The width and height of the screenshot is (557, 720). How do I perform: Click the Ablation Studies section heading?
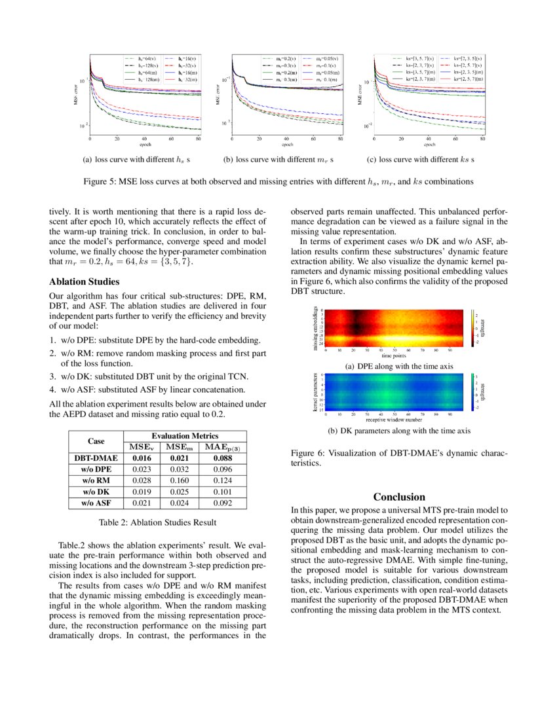(x=85, y=282)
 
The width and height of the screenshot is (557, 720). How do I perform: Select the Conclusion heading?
(x=399, y=497)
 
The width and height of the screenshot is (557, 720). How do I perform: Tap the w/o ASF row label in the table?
(x=96, y=503)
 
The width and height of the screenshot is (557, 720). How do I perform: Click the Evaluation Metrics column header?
(x=184, y=436)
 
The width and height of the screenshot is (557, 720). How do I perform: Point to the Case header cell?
(x=96, y=441)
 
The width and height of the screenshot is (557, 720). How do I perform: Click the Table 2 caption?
(x=157, y=522)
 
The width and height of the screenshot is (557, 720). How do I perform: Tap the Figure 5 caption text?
(x=278, y=181)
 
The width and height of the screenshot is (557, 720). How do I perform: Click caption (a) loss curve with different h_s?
(x=136, y=159)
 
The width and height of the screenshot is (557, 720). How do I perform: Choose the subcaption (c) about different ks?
(x=420, y=159)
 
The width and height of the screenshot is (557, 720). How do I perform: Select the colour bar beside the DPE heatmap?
(x=472, y=328)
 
